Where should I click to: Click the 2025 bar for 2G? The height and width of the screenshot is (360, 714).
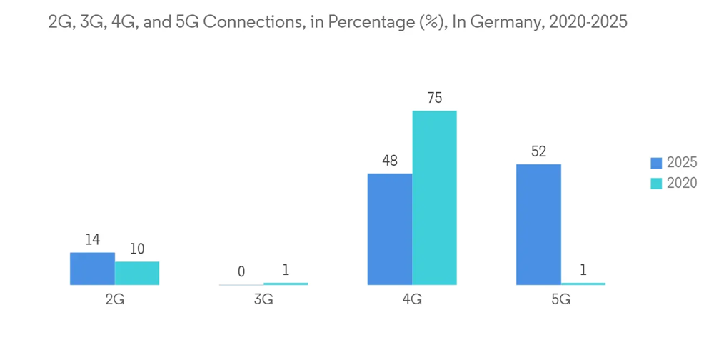(92, 269)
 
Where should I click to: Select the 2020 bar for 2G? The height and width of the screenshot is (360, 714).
(137, 273)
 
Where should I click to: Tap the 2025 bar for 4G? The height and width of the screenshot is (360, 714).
(390, 229)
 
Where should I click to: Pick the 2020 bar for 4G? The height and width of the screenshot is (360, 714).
(434, 198)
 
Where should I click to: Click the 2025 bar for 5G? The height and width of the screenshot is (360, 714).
(538, 224)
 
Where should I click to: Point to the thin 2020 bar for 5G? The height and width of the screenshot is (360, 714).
(583, 284)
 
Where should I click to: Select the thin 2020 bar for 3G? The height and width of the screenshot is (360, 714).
(286, 284)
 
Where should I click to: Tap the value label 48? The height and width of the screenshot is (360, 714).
(390, 161)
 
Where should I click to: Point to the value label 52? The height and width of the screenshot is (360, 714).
(538, 152)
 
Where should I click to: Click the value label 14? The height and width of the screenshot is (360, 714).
(92, 240)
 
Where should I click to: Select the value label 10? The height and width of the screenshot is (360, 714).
(137, 249)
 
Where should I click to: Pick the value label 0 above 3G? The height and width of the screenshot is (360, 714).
(241, 271)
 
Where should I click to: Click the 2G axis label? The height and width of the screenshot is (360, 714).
(114, 300)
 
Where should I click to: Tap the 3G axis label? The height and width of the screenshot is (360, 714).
(263, 300)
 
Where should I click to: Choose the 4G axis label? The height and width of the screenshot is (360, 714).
(412, 300)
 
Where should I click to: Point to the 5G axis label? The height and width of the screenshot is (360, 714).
(560, 300)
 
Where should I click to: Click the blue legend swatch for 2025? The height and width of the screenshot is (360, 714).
(656, 163)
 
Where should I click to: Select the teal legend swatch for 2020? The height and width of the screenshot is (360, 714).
(656, 183)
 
